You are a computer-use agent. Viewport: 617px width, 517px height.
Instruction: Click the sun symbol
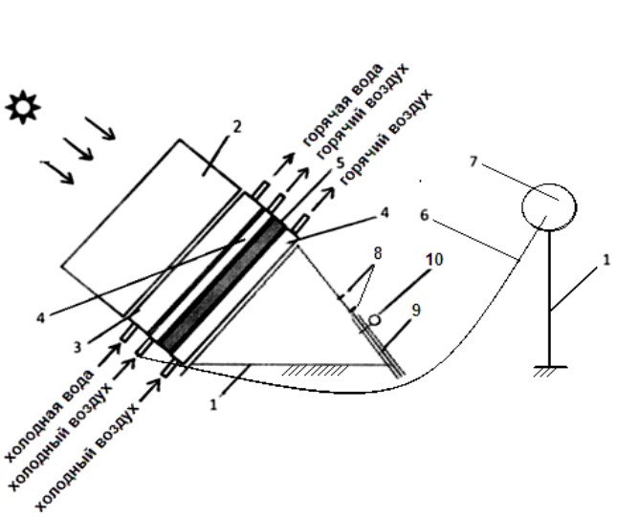pos(23,107)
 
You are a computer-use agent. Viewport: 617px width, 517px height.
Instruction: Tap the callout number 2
pos(236,126)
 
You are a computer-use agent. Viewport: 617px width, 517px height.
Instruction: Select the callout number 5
pos(340,163)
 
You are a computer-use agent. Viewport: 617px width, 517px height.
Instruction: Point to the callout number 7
pos(474,162)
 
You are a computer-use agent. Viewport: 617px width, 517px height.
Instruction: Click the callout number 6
pos(424,216)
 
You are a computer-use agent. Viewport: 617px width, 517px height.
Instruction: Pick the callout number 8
pos(378,253)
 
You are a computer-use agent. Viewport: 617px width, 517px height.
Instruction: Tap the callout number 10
pos(434,260)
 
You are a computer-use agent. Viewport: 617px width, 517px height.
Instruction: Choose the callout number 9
pos(415,311)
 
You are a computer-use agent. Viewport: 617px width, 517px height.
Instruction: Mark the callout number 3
pos(77,347)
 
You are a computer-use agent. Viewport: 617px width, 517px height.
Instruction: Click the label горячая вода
pos(343,104)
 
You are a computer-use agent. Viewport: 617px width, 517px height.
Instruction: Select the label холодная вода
pos(50,415)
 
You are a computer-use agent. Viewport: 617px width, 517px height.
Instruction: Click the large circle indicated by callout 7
pos(549,206)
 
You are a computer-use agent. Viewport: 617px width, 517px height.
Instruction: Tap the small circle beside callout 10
pos(375,320)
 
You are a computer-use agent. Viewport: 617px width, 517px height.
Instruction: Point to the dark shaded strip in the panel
pos(224,286)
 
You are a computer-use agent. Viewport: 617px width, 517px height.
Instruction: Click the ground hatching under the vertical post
pos(550,371)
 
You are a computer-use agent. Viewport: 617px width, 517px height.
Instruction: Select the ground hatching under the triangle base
pos(315,371)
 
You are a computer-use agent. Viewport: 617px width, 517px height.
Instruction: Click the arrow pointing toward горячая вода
pos(284,163)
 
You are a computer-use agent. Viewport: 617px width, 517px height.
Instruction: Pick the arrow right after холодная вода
pos(109,355)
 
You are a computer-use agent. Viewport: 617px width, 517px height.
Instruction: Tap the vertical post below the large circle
pos(550,298)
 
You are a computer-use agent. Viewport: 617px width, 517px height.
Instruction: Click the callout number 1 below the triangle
pos(213,404)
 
